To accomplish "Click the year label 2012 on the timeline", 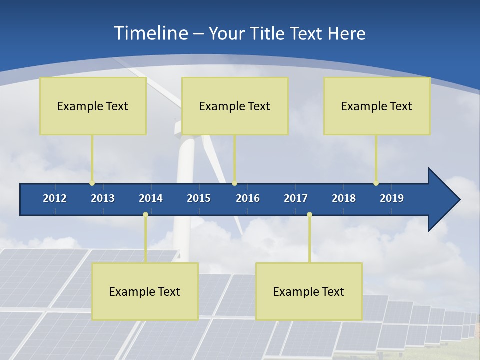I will pyautogui.click(x=55, y=198).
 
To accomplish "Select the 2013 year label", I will pyautogui.click(x=103, y=198).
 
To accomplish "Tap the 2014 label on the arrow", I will pyautogui.click(x=151, y=198).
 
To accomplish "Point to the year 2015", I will pyautogui.click(x=199, y=198).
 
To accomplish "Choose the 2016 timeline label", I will pyautogui.click(x=248, y=198).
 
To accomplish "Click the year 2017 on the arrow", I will pyautogui.click(x=296, y=198).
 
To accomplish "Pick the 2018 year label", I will pyautogui.click(x=344, y=198).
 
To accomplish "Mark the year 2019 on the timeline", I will pyautogui.click(x=392, y=198).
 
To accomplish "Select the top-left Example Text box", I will pyautogui.click(x=93, y=106).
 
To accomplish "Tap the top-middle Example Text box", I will pyautogui.click(x=235, y=106).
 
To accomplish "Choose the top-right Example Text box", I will pyautogui.click(x=377, y=106).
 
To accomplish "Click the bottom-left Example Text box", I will pyautogui.click(x=145, y=291).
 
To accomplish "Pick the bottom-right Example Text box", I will pyautogui.click(x=309, y=291).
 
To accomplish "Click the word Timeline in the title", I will pyautogui.click(x=150, y=33).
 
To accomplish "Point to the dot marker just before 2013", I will pyautogui.click(x=92, y=183).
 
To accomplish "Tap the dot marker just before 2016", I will pyautogui.click(x=234, y=183).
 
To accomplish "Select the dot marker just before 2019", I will pyautogui.click(x=376, y=183).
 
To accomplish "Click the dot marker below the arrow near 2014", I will pyautogui.click(x=145, y=214).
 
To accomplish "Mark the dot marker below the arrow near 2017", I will pyautogui.click(x=309, y=214).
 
